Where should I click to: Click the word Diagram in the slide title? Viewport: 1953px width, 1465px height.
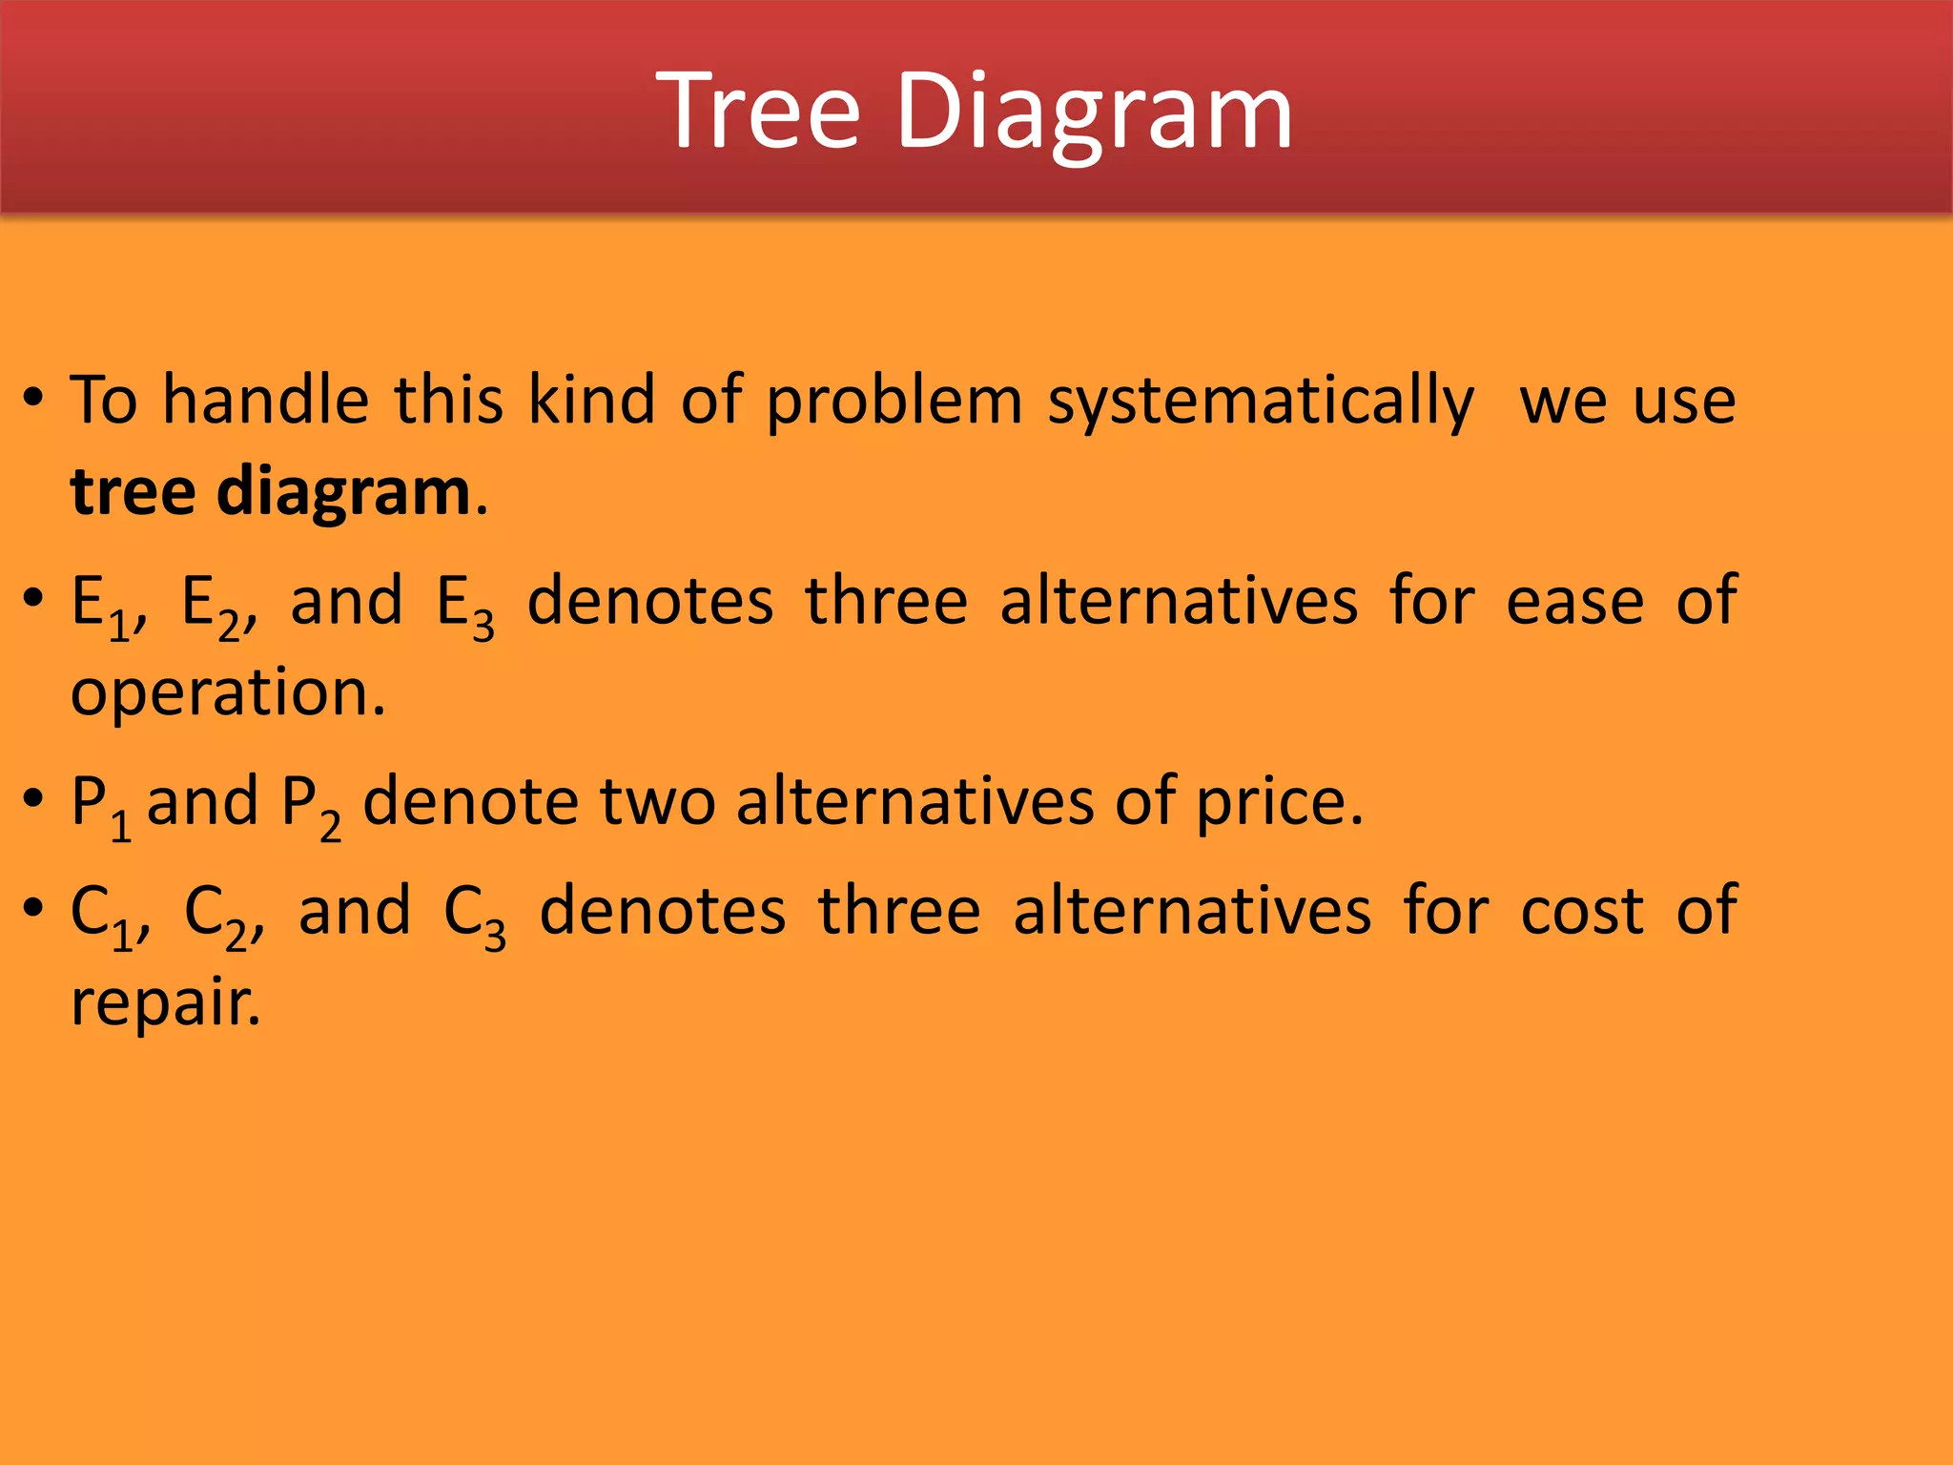click(1094, 113)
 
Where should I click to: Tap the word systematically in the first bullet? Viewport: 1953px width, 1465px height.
click(1261, 401)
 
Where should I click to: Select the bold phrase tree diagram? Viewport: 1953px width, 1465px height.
click(271, 492)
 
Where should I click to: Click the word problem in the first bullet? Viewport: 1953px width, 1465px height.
click(894, 401)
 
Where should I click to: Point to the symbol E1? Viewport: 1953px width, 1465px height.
click(101, 605)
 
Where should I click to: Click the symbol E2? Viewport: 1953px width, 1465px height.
click(212, 605)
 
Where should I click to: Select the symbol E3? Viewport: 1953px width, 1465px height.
click(465, 605)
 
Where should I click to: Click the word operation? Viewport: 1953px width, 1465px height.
click(227, 694)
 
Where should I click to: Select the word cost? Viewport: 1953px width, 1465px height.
click(1581, 912)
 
